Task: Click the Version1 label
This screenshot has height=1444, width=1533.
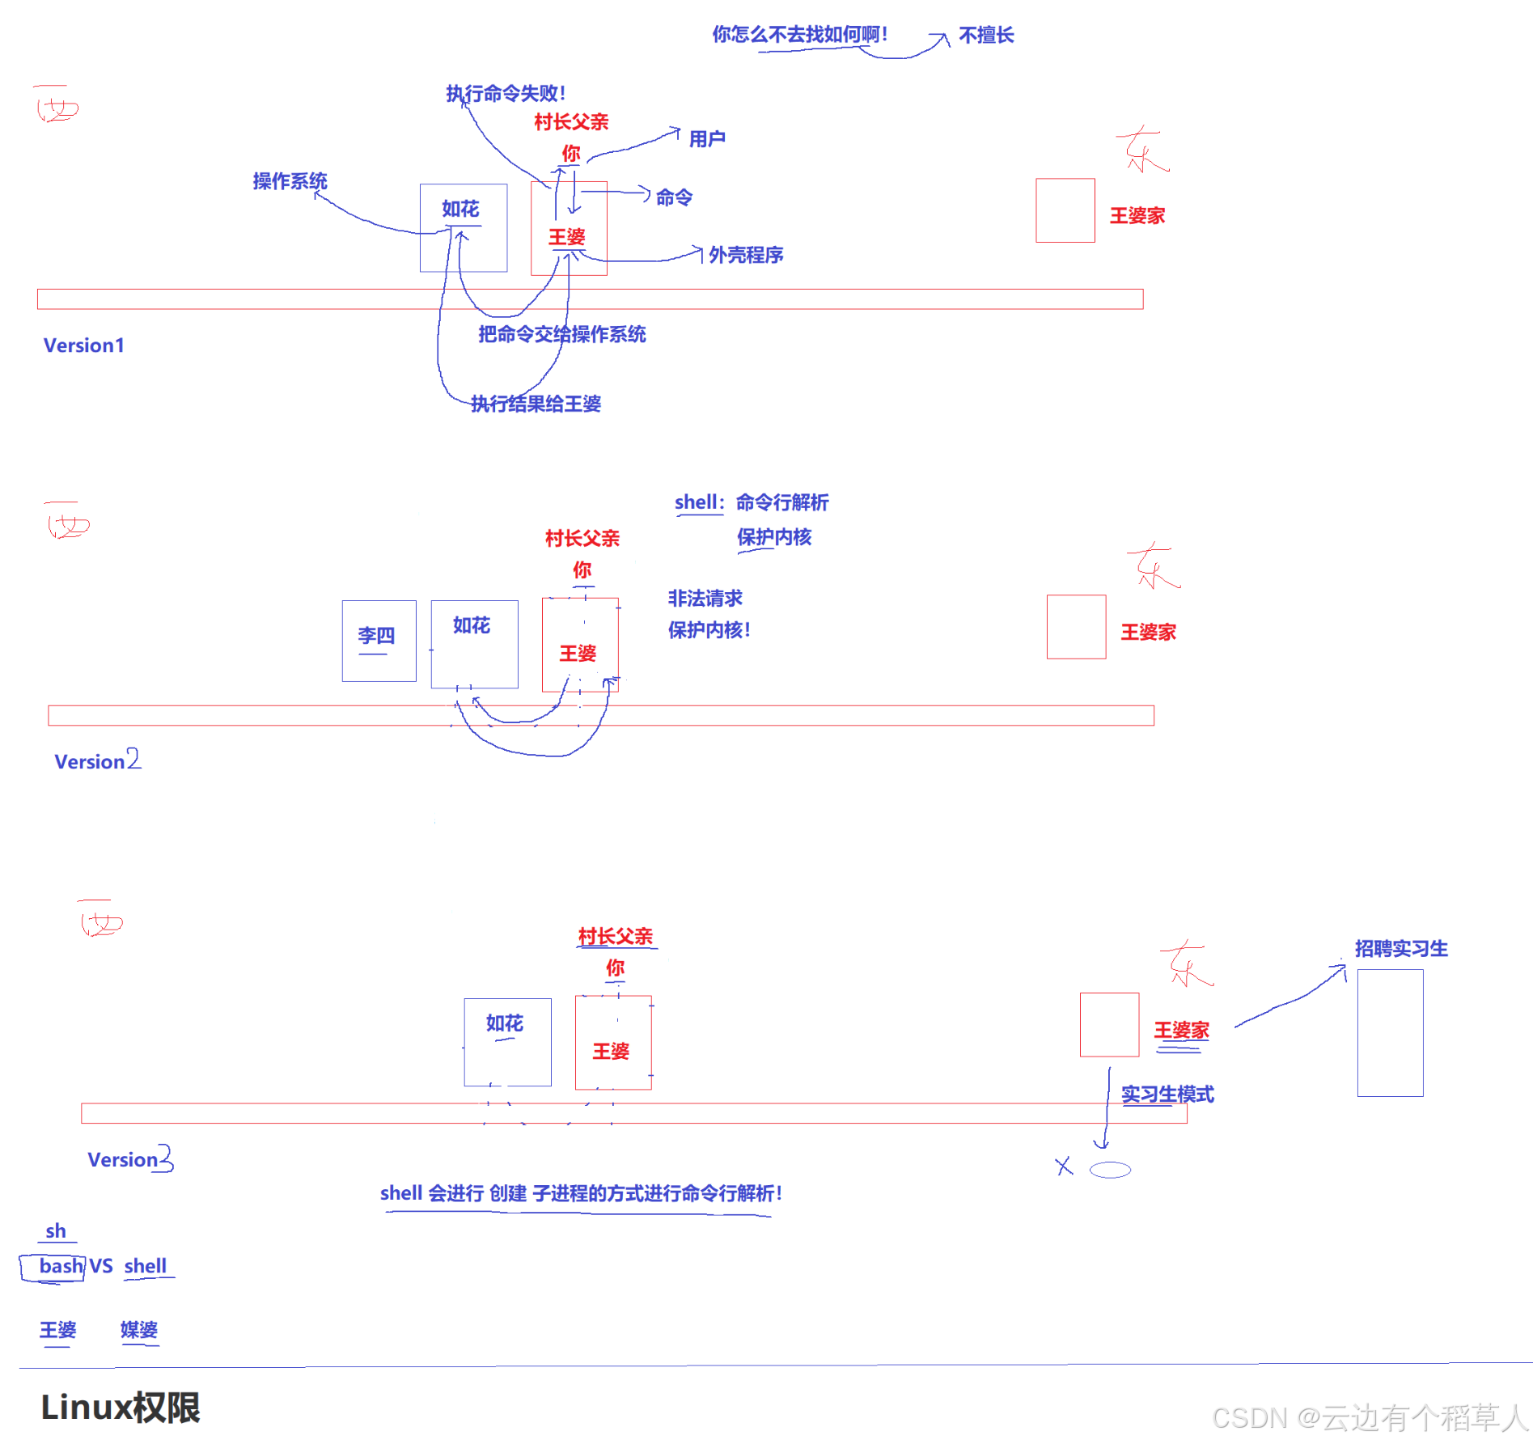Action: (83, 345)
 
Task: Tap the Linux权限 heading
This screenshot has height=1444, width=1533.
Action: (121, 1408)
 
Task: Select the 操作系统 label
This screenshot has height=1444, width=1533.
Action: (290, 181)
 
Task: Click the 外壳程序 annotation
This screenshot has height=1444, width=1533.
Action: (745, 255)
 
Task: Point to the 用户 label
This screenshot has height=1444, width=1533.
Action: (706, 139)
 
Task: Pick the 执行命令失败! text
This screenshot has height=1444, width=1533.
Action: (506, 94)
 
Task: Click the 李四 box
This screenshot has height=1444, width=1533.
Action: (379, 640)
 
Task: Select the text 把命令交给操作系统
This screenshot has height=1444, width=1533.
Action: (561, 334)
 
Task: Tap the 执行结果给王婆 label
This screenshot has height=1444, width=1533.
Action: (536, 404)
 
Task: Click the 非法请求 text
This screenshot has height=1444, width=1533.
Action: (705, 599)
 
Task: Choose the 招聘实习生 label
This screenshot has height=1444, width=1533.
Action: (1401, 948)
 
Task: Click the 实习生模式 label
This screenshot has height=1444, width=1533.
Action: (1167, 1095)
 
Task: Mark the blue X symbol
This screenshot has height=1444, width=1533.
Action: (1064, 1166)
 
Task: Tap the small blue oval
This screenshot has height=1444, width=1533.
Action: (1110, 1170)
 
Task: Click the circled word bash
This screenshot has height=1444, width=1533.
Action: (61, 1266)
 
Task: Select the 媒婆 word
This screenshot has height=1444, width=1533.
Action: (139, 1330)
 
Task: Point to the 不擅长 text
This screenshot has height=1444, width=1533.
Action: (986, 35)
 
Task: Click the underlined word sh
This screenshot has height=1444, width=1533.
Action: (56, 1231)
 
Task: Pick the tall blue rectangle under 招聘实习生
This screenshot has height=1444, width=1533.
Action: (1390, 1032)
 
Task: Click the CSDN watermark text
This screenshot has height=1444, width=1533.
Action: (1369, 1417)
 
